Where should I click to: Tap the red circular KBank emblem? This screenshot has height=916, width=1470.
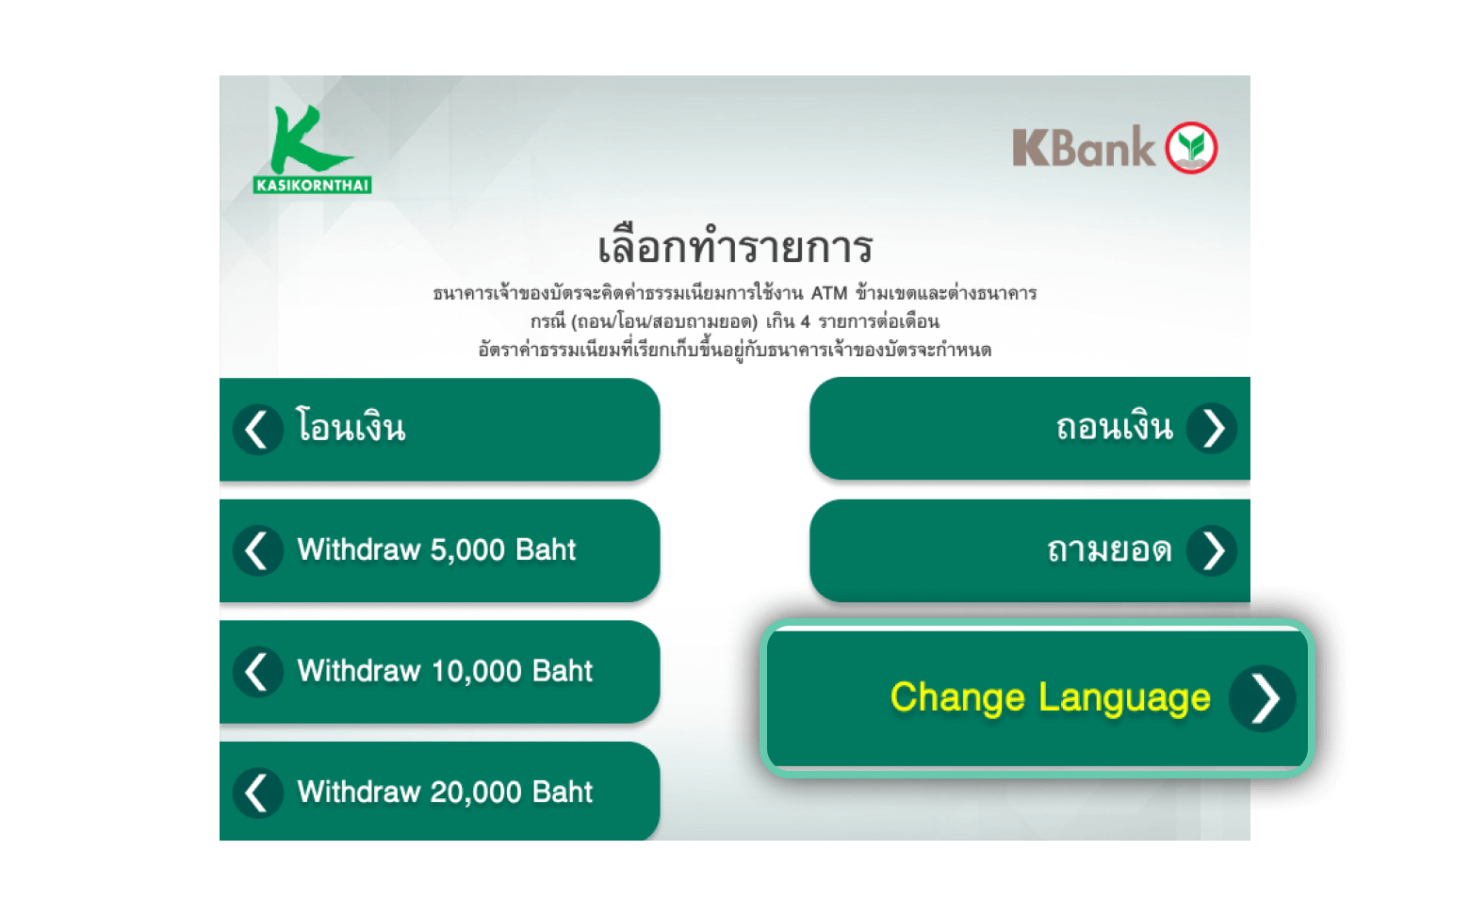[x=1191, y=148]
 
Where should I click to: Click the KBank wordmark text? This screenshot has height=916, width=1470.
[x=1084, y=148]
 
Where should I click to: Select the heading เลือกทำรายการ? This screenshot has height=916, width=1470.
[x=735, y=246]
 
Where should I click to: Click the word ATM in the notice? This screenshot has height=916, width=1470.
[x=829, y=293]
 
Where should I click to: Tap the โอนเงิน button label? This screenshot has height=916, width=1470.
[x=351, y=427]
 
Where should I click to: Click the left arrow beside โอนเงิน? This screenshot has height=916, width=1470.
[x=258, y=430]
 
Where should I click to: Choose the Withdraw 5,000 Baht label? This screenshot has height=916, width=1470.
[x=436, y=549]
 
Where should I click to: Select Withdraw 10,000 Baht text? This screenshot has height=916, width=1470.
[x=445, y=671]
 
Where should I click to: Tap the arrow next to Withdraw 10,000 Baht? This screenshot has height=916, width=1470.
[x=258, y=672]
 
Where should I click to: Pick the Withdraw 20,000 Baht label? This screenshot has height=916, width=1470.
[x=445, y=792]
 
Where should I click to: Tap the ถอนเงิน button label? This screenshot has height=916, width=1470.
[x=1115, y=427]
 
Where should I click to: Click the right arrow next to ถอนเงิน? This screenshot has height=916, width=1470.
[x=1212, y=429]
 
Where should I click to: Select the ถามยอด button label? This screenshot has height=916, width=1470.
[x=1110, y=549]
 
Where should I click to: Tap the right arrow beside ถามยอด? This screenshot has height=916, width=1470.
[x=1212, y=550]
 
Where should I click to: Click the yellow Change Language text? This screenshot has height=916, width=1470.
[x=1050, y=698]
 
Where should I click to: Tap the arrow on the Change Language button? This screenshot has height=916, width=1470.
[x=1263, y=698]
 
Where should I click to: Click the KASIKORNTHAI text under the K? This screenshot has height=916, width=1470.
[x=313, y=185]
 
